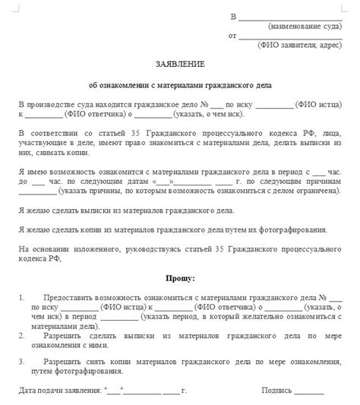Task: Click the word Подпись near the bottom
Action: pos(276,390)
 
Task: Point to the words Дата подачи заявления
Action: pos(61,390)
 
